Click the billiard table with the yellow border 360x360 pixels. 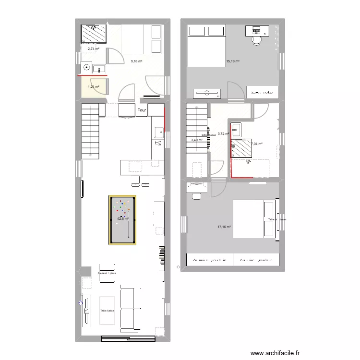tap(122, 220)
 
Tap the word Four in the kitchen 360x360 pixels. tap(142, 110)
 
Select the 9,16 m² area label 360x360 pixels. tap(136, 61)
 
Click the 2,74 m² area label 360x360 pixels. tap(93, 49)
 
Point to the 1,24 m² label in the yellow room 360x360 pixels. tap(93, 87)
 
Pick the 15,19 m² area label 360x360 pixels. tap(232, 61)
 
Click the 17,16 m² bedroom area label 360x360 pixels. tap(224, 227)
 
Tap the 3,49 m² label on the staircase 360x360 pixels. tap(197, 140)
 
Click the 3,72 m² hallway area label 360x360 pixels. tap(224, 134)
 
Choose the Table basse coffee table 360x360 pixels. tap(107, 311)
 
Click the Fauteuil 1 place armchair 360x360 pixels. tap(107, 273)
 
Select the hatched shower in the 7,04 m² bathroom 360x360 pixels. tap(241, 148)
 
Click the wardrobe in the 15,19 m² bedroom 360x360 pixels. tap(262, 91)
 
